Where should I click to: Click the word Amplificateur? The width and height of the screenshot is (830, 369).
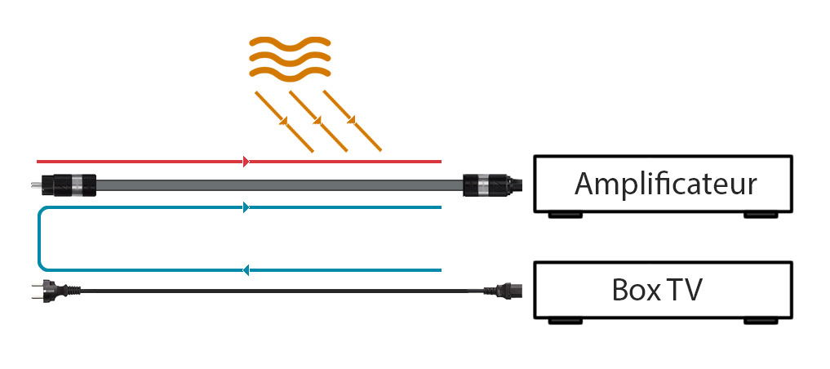(x=665, y=184)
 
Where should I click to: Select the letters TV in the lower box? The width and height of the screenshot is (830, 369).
(x=684, y=291)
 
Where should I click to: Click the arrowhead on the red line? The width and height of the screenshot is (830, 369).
(x=246, y=162)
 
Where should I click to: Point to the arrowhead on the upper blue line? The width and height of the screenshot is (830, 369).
(x=246, y=207)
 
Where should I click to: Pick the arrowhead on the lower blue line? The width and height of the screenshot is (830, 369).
(x=246, y=269)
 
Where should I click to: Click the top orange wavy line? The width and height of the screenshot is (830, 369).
(x=289, y=43)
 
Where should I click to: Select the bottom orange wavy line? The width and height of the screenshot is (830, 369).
(x=289, y=74)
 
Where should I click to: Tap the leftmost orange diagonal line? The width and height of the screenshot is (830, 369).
(x=285, y=122)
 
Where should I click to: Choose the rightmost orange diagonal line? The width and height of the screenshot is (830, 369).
(x=352, y=122)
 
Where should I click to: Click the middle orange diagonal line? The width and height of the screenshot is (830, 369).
(x=318, y=122)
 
